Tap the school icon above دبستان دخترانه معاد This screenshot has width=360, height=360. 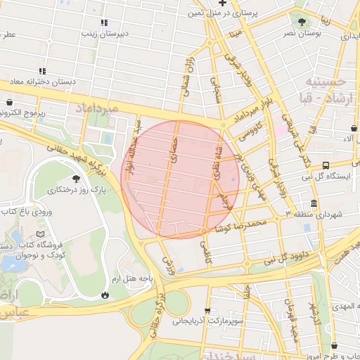(x=43, y=71)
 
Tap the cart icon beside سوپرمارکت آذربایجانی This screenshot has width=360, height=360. (x=207, y=310)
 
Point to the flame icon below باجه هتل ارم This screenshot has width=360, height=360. (x=105, y=295)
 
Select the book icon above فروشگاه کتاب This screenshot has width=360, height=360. (x=39, y=233)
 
